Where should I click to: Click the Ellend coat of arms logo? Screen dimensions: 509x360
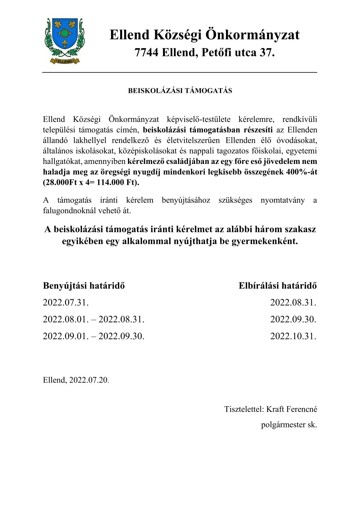[x=64, y=41]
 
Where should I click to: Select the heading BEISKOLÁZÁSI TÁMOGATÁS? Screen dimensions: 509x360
[x=180, y=91]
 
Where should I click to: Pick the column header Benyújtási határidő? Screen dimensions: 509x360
[x=84, y=285]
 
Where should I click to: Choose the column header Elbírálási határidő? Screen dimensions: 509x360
[x=277, y=285]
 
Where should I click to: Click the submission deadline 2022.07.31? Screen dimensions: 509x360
[x=66, y=302]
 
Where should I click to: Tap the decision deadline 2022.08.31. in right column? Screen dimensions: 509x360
[x=293, y=302]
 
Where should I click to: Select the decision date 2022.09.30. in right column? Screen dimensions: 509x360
[x=293, y=319]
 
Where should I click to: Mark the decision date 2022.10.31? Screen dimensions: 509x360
[x=293, y=336]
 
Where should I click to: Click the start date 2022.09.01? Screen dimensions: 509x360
[x=66, y=336]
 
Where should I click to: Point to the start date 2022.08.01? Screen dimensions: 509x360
[x=66, y=319]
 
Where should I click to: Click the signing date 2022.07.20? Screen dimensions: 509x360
[x=88, y=380]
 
